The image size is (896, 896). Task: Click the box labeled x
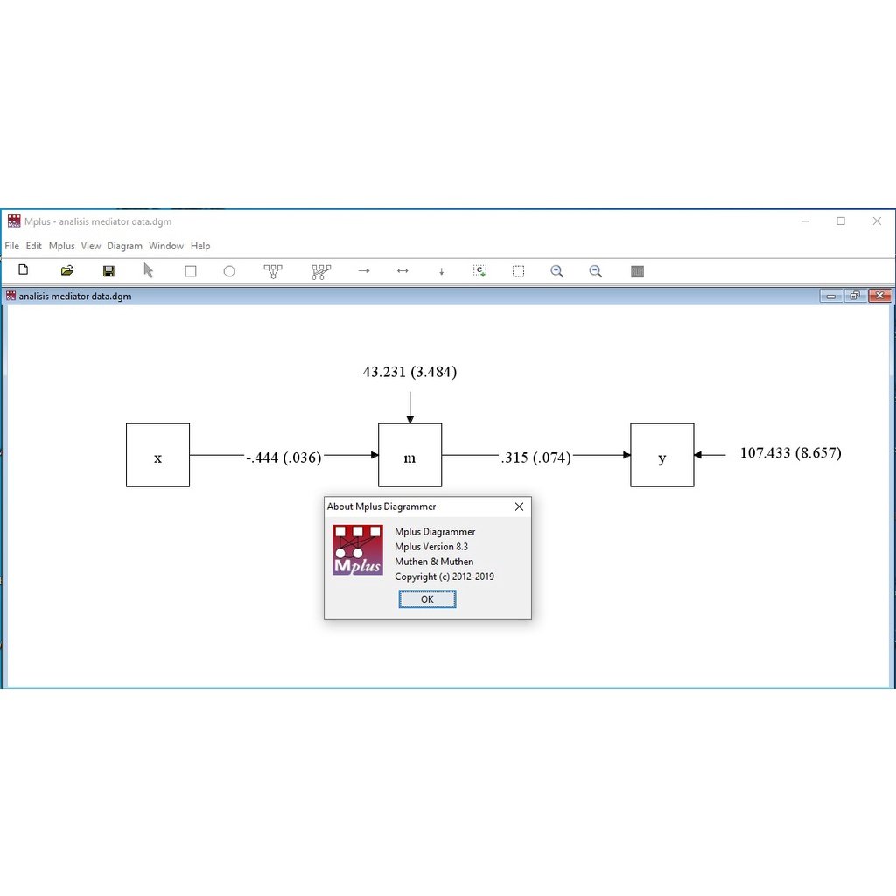tap(157, 455)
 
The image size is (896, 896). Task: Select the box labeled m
tap(409, 455)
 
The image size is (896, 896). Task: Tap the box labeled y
tap(661, 455)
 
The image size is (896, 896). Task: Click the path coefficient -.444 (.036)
tap(284, 458)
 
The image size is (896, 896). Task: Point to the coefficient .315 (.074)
tap(536, 458)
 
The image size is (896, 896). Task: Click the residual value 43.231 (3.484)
tap(409, 372)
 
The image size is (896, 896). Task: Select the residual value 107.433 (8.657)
tap(791, 453)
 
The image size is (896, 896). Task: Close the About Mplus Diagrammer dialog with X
tap(519, 507)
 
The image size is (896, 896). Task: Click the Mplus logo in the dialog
tap(358, 549)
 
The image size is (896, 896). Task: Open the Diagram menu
tap(124, 246)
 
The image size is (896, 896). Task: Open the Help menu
tap(200, 246)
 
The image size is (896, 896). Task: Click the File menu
tap(12, 246)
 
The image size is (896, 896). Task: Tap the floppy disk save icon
tap(108, 271)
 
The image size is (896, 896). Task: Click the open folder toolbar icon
tap(67, 270)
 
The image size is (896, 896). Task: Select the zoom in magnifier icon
tap(557, 271)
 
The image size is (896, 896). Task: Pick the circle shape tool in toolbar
tap(229, 271)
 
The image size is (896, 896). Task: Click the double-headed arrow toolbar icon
tap(402, 271)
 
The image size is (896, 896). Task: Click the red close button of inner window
tap(879, 296)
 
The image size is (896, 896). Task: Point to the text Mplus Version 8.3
tap(431, 547)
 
